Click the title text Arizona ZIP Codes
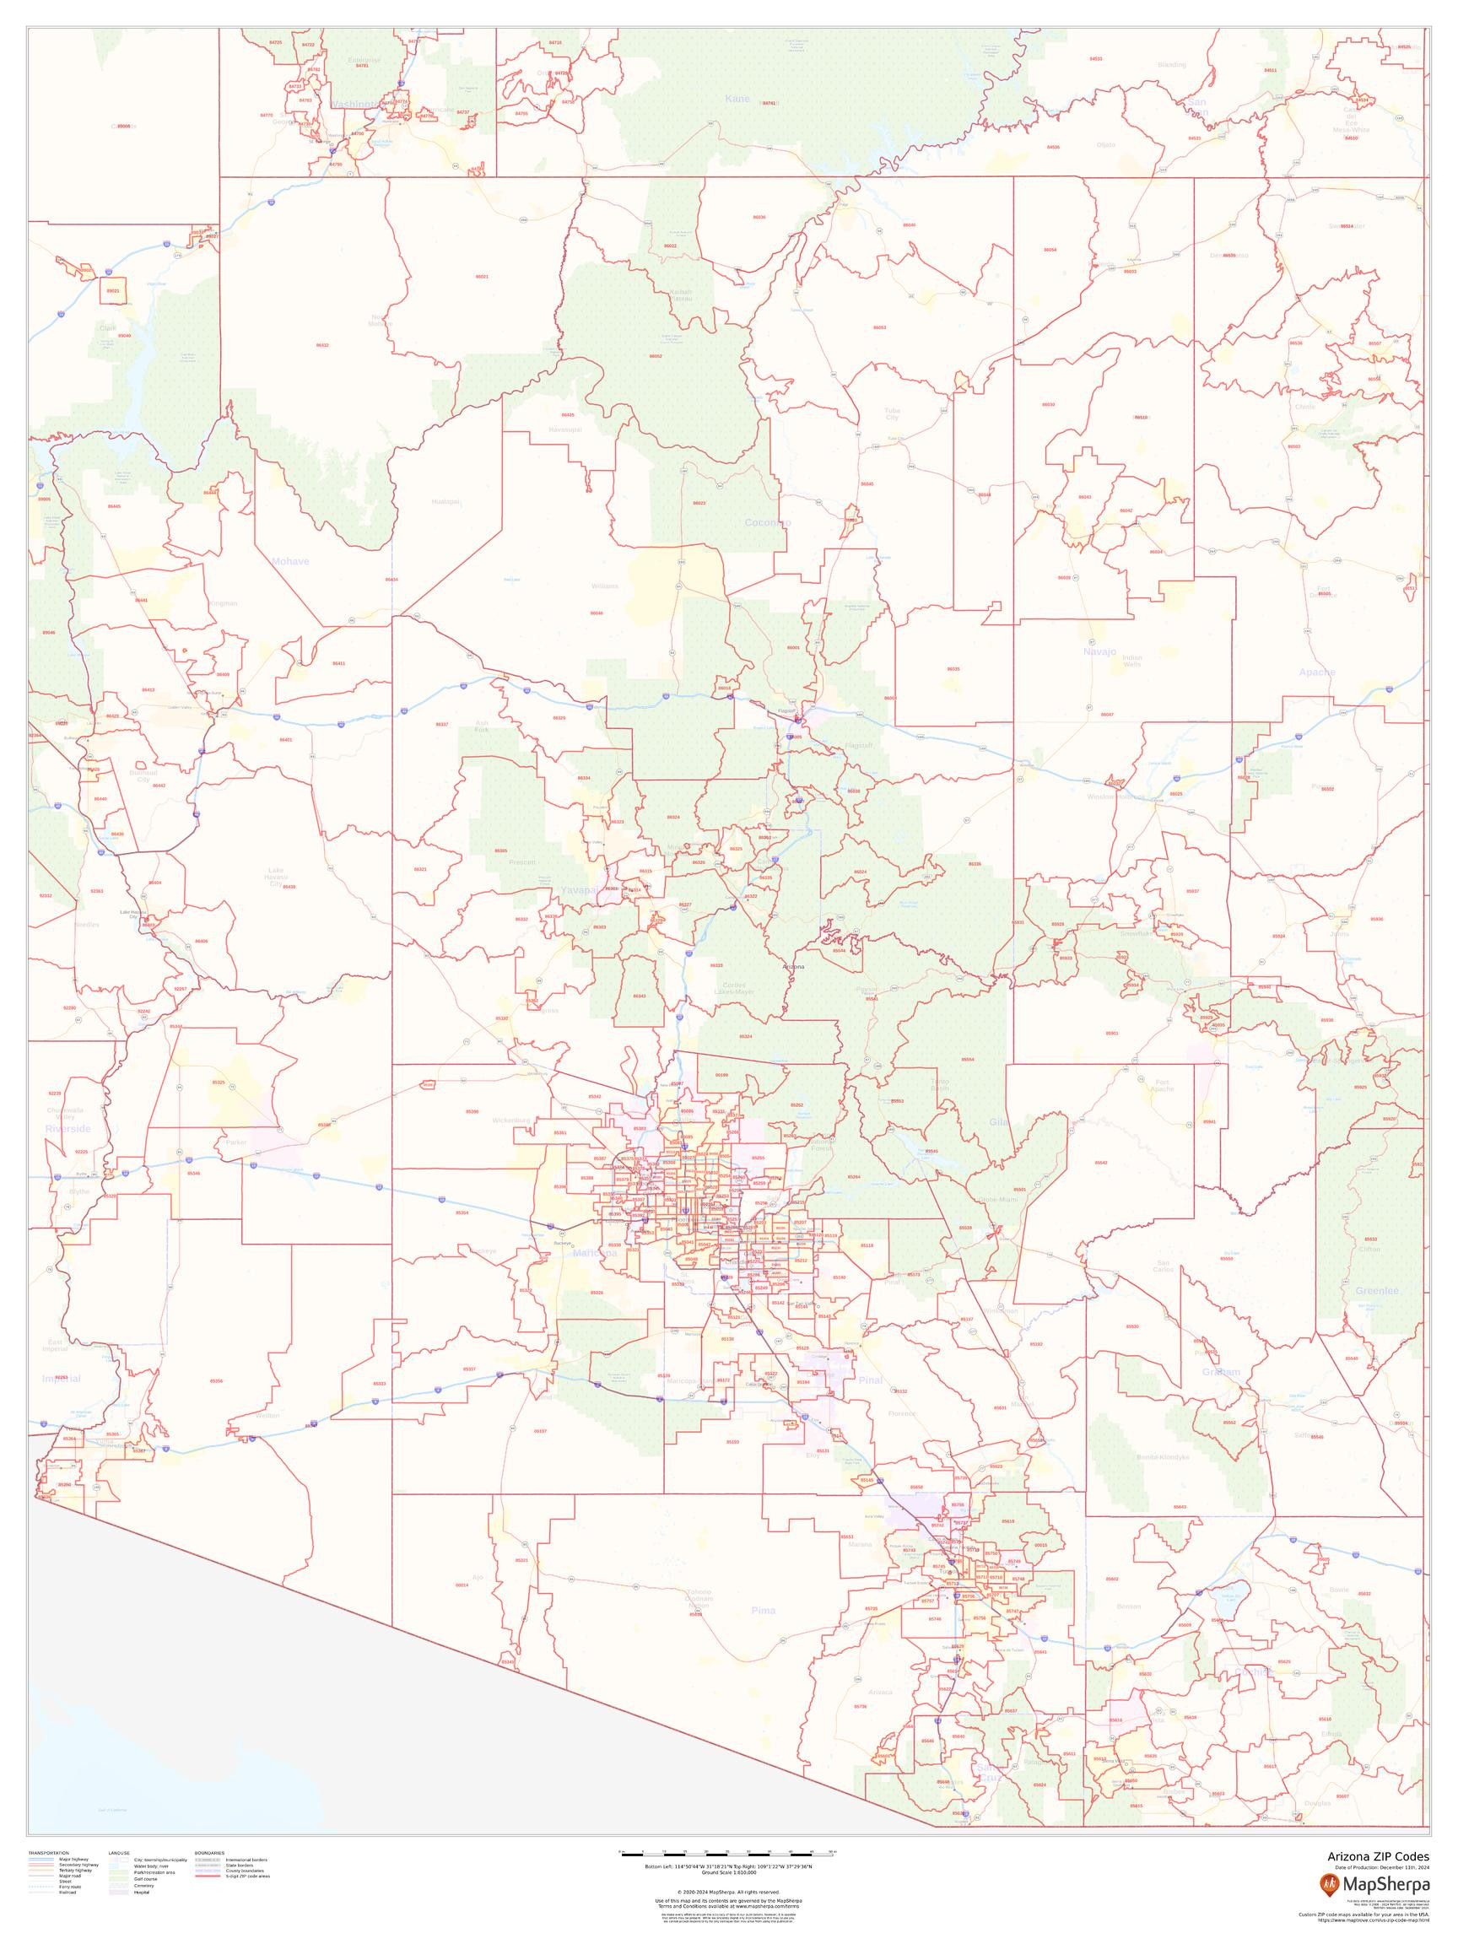coord(1377,1856)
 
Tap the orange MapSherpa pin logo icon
coord(1329,1883)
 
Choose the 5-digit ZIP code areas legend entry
coord(248,1876)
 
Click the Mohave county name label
coord(290,561)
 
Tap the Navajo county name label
coord(1099,651)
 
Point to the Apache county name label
coord(1316,672)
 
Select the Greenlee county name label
coord(1376,1290)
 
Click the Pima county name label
coord(764,1610)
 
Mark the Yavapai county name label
coord(579,890)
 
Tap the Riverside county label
coord(67,1127)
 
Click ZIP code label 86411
coord(338,662)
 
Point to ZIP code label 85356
coord(216,1380)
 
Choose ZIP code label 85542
coord(1100,1162)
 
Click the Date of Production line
coord(1381,1866)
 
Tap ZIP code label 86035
coord(953,669)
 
